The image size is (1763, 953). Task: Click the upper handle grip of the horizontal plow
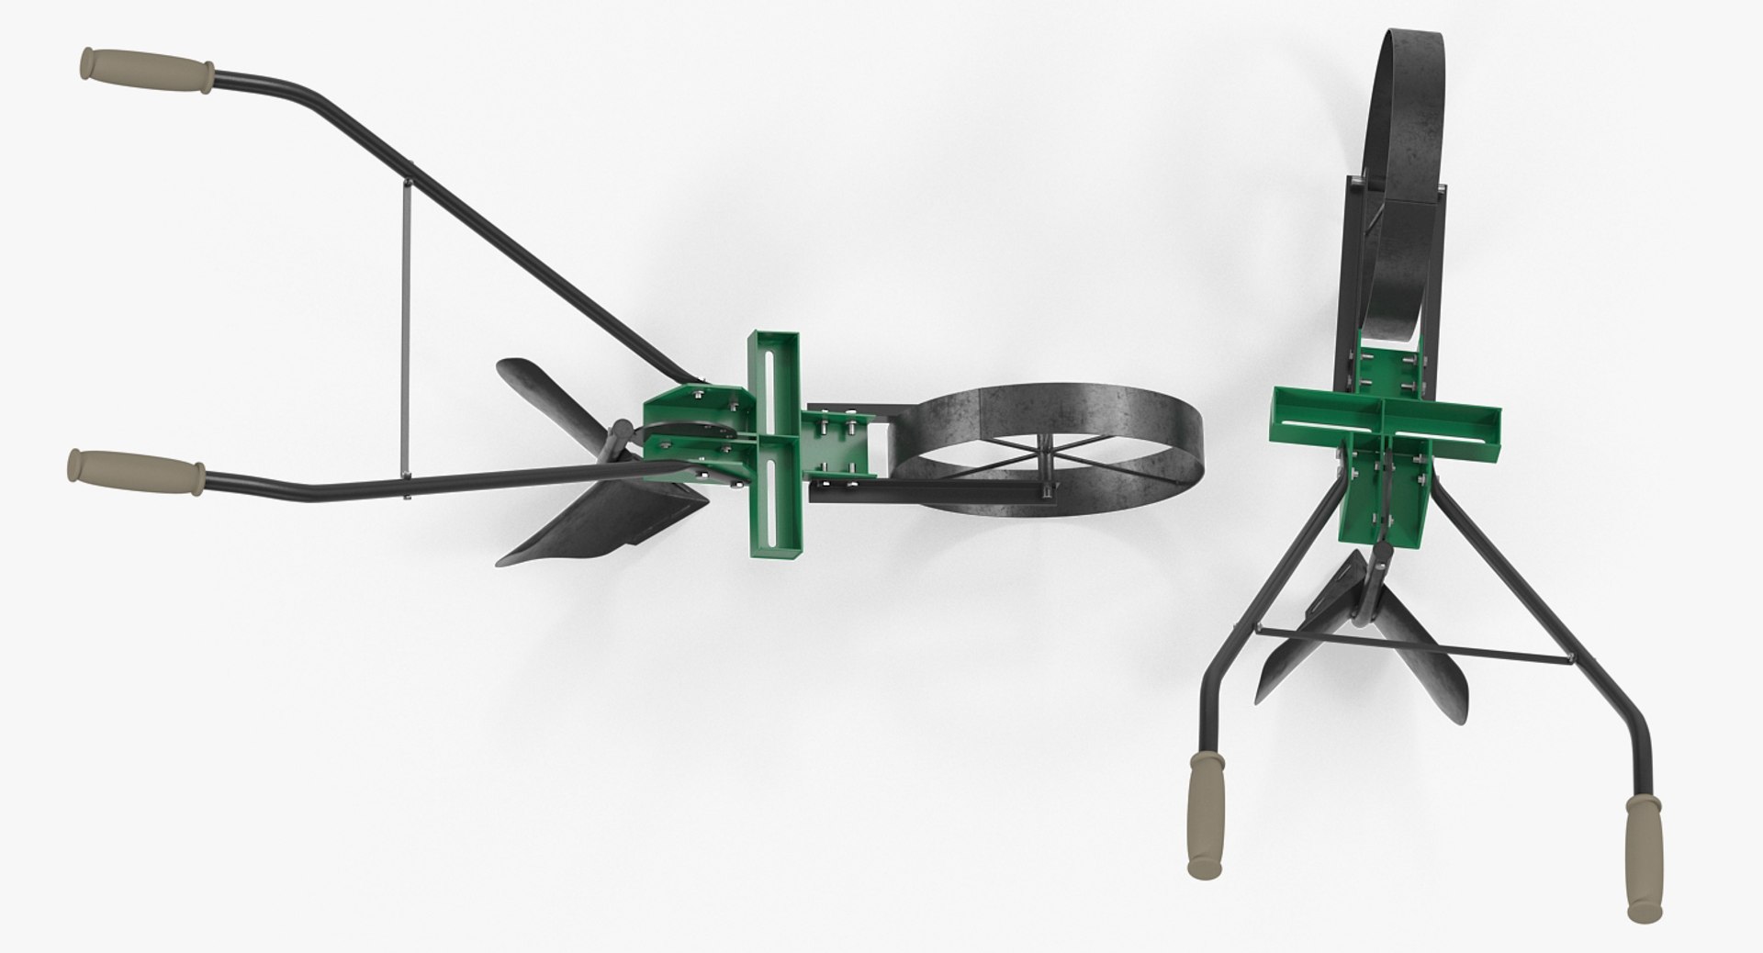[x=148, y=71]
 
